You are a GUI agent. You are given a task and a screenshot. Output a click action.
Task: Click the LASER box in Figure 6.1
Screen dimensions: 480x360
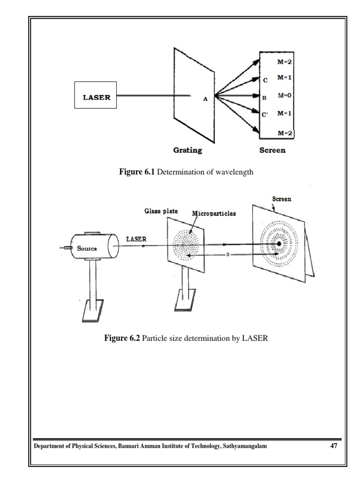click(96, 97)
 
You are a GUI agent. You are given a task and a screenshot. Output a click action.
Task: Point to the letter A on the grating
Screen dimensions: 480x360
click(205, 99)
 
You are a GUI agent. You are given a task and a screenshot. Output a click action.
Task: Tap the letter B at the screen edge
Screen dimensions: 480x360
click(264, 98)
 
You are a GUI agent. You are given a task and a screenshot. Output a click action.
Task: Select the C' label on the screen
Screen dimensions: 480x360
click(265, 114)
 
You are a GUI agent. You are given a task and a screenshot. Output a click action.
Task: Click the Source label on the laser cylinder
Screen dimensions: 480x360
click(87, 248)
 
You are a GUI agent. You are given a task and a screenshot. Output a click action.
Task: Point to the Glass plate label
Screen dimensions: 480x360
click(161, 211)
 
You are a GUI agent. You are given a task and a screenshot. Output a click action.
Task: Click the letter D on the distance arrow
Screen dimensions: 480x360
click(227, 255)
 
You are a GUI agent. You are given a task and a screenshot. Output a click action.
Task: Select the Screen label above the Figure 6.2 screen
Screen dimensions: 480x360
click(282, 199)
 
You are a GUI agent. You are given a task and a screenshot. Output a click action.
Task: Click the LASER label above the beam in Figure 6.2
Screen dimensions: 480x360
click(136, 239)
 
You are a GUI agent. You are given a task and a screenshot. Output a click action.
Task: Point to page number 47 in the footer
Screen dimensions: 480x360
click(334, 446)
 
